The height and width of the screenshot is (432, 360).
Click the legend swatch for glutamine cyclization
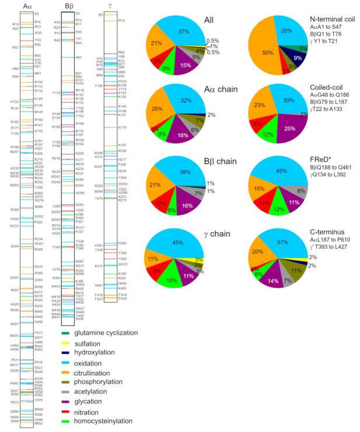pyautogui.click(x=65, y=333)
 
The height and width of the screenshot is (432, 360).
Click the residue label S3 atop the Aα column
pyautogui.click(x=37, y=13)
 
